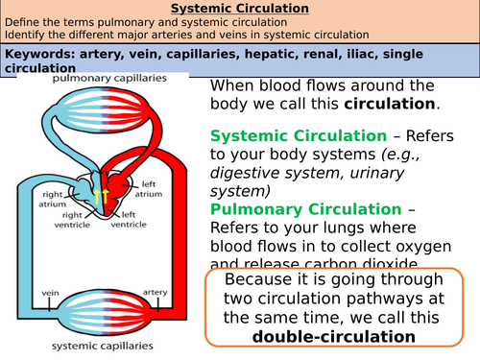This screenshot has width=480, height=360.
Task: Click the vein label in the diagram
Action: pyautogui.click(x=48, y=288)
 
